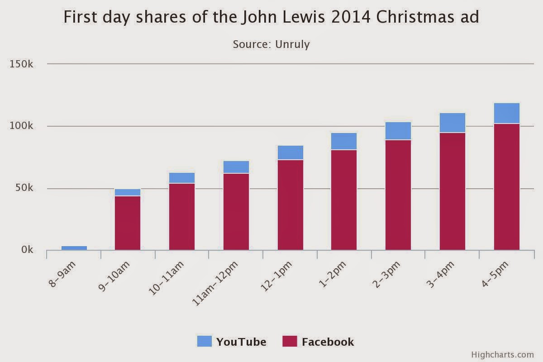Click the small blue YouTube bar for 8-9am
[74, 248]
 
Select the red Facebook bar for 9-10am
[128, 223]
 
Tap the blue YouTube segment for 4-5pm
[507, 113]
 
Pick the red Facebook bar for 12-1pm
[291, 205]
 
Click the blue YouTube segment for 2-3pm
[398, 131]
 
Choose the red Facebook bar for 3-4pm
[452, 191]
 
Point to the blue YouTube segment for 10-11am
[182, 178]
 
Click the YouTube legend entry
[232, 342]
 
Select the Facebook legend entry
[318, 342]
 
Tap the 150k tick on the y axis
[22, 64]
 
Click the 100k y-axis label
[22, 126]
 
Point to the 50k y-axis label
[24, 188]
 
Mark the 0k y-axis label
[27, 250]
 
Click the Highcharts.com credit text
[502, 355]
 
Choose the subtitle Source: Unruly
[271, 44]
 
